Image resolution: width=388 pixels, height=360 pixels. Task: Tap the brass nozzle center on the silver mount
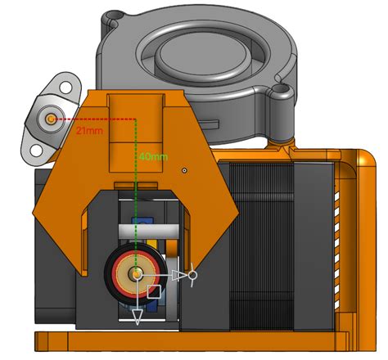point(52,119)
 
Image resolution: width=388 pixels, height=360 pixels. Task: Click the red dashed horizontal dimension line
point(98,119)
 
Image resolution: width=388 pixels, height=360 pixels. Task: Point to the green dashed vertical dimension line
point(136,188)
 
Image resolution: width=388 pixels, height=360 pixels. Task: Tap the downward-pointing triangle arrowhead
point(137,314)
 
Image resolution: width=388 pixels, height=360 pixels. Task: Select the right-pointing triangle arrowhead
point(179,276)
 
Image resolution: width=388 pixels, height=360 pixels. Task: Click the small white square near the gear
point(154,291)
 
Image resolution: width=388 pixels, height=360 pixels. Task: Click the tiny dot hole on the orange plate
point(186,170)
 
